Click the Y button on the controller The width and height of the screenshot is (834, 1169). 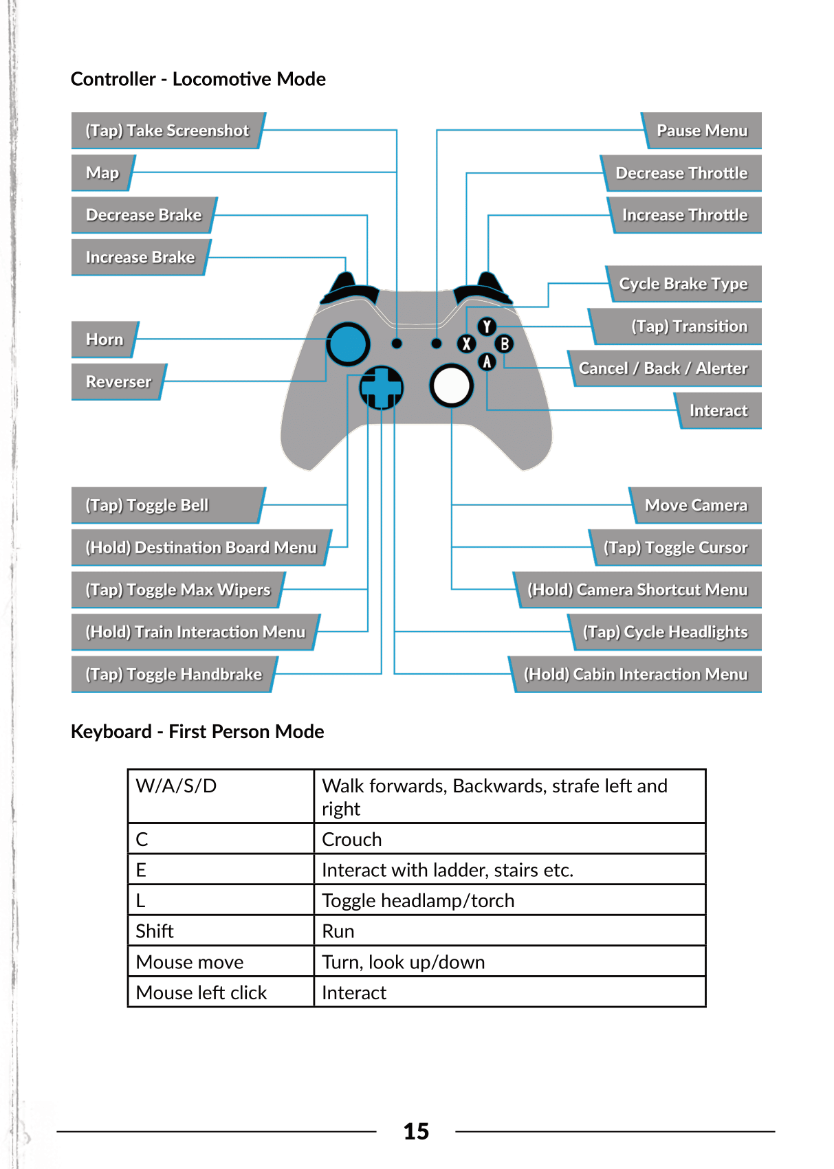point(487,326)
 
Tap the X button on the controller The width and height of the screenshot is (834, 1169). point(467,344)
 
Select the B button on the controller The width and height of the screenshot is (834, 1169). point(505,344)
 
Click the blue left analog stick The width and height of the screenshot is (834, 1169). point(348,344)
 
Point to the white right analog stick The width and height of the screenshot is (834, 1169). point(451,386)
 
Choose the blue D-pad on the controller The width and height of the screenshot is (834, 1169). point(381,388)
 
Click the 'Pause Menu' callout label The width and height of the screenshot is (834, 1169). point(702,131)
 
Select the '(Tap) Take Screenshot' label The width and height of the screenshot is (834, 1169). point(167,131)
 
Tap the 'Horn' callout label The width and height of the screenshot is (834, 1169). point(105,339)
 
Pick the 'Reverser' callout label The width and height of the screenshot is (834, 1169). point(118,382)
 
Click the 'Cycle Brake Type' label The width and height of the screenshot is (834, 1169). point(683,284)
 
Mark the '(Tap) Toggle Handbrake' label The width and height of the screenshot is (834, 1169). point(173,674)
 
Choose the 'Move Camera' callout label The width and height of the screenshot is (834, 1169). point(696,506)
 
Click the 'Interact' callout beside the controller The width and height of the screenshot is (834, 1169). point(718,411)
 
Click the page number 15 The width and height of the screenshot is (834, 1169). point(416,1131)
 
